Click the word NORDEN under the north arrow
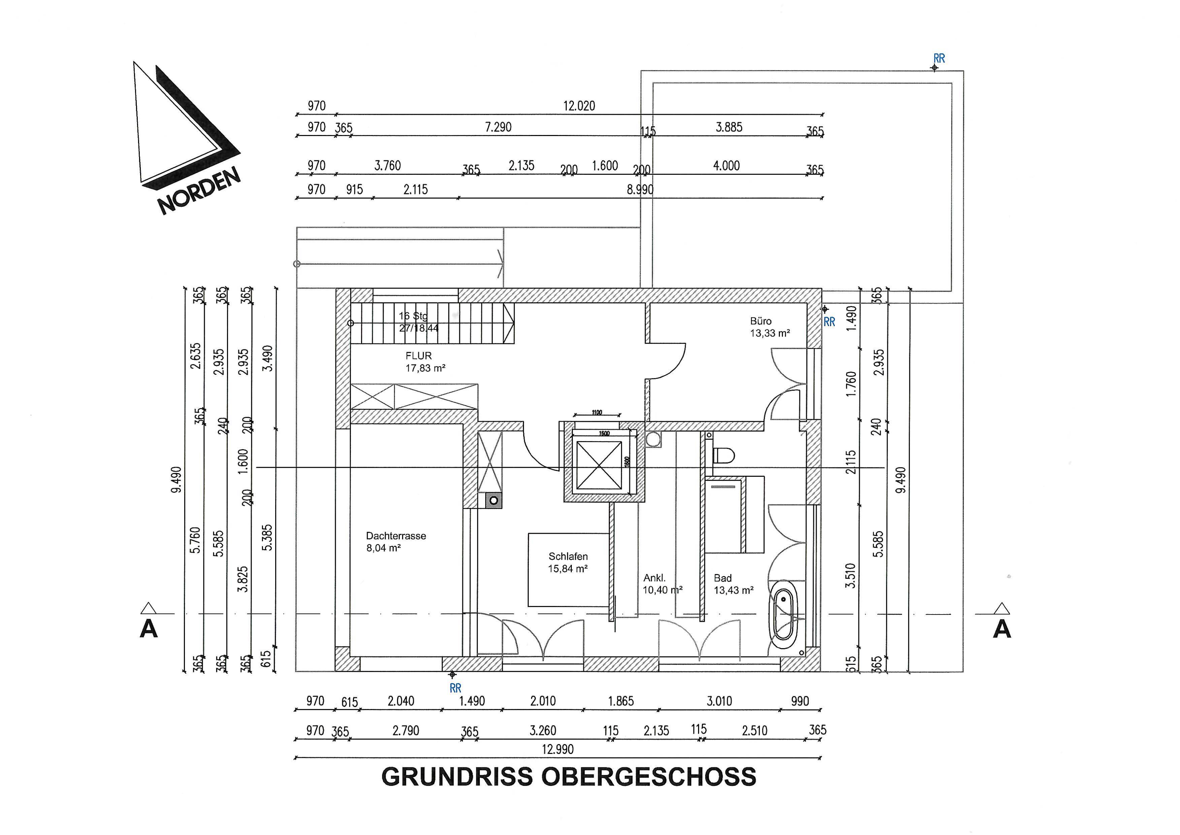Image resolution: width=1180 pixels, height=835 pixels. (199, 191)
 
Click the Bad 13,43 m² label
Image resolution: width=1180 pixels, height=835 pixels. (733, 584)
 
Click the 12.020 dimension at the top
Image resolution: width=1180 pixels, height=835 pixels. (579, 106)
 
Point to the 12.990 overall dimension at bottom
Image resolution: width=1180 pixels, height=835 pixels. (557, 749)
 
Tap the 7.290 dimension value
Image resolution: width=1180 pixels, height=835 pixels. (498, 127)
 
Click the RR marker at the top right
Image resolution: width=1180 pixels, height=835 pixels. (939, 59)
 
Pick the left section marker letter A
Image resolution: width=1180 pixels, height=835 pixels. (149, 628)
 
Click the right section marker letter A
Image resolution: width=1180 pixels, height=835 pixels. (1002, 628)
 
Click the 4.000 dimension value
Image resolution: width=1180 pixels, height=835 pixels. (726, 166)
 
